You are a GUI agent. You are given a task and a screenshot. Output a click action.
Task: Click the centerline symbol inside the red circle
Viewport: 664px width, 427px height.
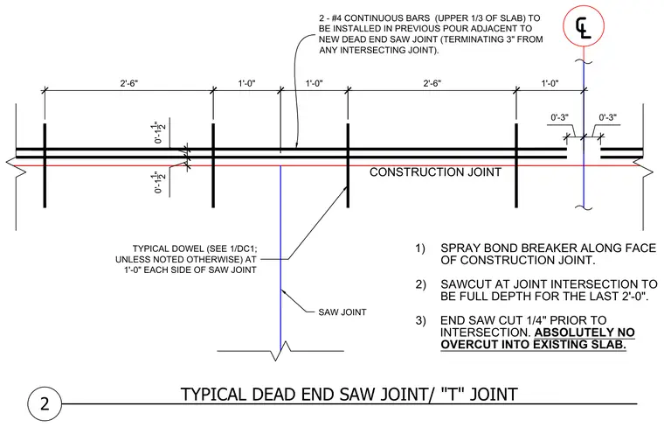pyautogui.click(x=583, y=28)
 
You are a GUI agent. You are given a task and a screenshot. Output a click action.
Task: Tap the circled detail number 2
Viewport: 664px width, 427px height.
pyautogui.click(x=45, y=403)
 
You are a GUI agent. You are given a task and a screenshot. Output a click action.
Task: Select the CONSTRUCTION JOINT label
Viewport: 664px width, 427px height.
pyautogui.click(x=435, y=172)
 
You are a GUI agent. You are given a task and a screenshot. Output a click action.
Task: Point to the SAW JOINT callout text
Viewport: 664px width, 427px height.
pyautogui.click(x=342, y=312)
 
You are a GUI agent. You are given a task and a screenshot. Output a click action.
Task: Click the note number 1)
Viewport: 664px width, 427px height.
pyautogui.click(x=419, y=248)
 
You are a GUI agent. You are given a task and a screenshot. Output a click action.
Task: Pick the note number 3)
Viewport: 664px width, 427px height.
pyautogui.click(x=420, y=320)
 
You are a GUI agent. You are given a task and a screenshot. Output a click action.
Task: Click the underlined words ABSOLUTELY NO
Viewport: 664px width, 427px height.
pyautogui.click(x=584, y=332)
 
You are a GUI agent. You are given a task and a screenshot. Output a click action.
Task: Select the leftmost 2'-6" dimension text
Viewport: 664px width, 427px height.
pyautogui.click(x=129, y=83)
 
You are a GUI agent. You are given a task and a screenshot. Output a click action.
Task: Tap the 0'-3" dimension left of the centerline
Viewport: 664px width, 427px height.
pyautogui.click(x=559, y=117)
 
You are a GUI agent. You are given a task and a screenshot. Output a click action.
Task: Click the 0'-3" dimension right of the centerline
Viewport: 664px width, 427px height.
pyautogui.click(x=608, y=117)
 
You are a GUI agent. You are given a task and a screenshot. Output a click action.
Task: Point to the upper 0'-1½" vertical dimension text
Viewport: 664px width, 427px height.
pyautogui.click(x=159, y=132)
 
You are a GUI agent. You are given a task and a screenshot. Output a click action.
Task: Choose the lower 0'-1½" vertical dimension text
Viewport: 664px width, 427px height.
pyautogui.click(x=159, y=182)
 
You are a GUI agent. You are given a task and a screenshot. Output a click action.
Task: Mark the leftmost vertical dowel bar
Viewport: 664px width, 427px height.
pyautogui.click(x=45, y=165)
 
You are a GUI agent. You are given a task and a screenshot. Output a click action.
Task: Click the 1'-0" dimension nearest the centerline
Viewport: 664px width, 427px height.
pyautogui.click(x=550, y=83)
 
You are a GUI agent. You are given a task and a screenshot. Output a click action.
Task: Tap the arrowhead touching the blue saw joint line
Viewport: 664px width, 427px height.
pyautogui.click(x=283, y=291)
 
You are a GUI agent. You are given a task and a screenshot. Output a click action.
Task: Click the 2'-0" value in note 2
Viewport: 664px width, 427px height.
pyautogui.click(x=634, y=297)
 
